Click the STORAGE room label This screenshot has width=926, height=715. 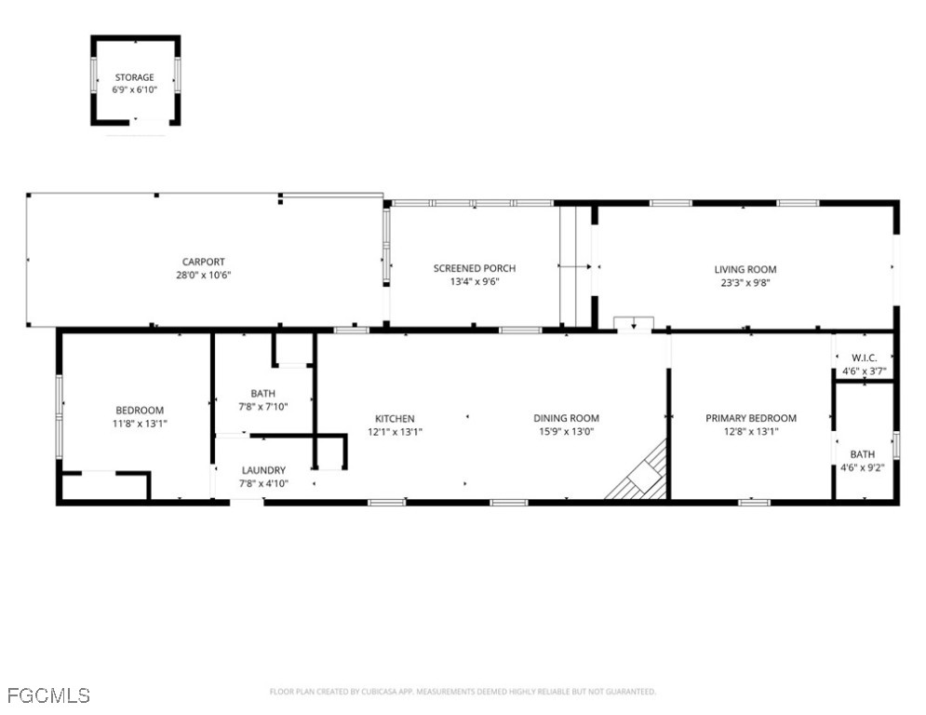click(x=135, y=77)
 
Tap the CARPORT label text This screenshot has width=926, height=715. click(x=203, y=263)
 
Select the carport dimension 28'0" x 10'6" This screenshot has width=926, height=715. click(x=203, y=276)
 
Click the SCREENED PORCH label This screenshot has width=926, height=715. click(x=474, y=269)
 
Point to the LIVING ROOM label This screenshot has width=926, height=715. click(x=745, y=270)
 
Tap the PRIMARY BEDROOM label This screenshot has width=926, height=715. click(x=751, y=419)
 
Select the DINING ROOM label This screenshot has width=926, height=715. click(x=566, y=419)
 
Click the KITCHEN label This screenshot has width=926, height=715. click(x=395, y=419)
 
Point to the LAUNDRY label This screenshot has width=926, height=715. click(x=263, y=471)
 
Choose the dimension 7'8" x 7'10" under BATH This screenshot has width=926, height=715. click(x=263, y=406)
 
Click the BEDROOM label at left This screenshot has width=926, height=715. click(x=140, y=411)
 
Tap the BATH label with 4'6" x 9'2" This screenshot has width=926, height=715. click(x=862, y=454)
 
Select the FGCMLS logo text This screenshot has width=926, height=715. click(x=48, y=695)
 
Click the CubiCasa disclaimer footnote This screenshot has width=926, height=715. click(x=463, y=692)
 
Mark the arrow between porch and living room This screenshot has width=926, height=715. click(x=578, y=267)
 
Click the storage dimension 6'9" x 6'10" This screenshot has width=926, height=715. click(x=135, y=89)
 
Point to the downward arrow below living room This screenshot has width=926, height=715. click(x=633, y=325)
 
